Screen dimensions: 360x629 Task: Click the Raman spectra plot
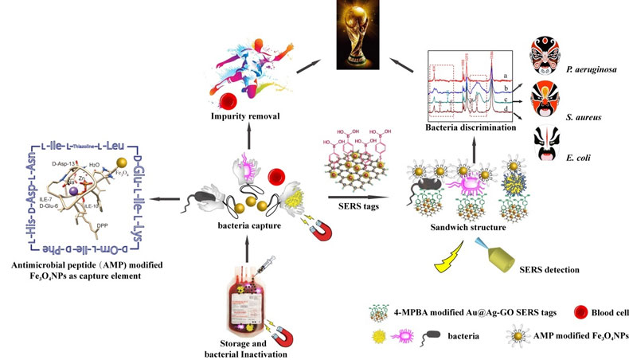coord(468,87)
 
